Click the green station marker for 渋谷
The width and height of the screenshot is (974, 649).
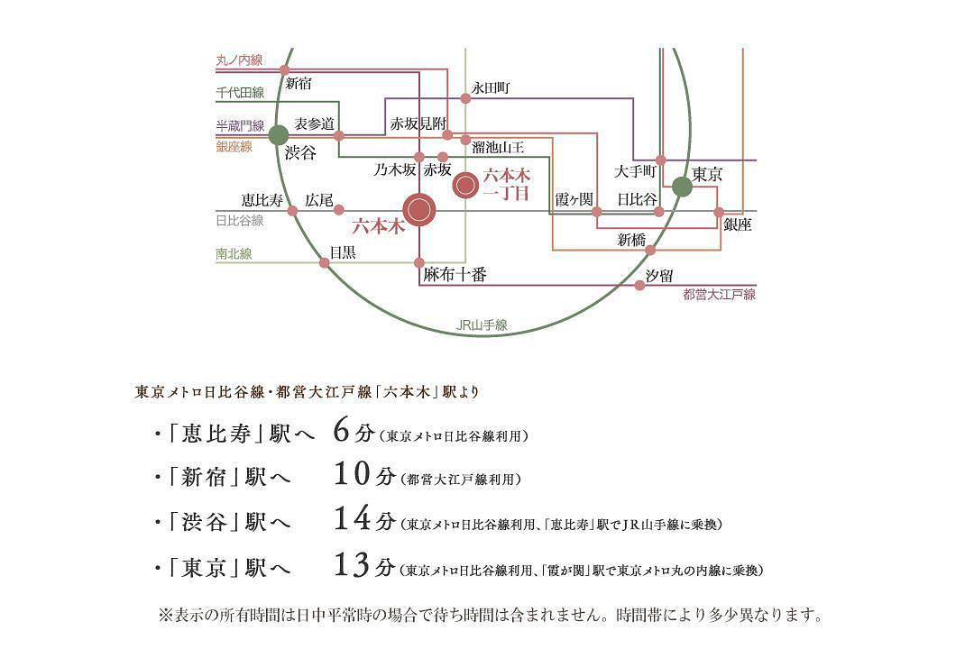click(x=279, y=135)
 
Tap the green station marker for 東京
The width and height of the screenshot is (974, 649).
click(x=682, y=187)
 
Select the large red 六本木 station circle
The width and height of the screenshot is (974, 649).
click(x=418, y=210)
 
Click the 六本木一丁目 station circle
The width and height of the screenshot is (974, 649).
click(x=465, y=186)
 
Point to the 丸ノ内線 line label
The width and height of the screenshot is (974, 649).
click(x=239, y=60)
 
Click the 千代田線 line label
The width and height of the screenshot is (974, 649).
click(x=239, y=93)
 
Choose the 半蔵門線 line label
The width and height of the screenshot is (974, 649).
click(x=239, y=126)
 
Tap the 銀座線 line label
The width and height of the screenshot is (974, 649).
click(x=234, y=146)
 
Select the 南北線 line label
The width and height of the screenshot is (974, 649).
click(x=234, y=254)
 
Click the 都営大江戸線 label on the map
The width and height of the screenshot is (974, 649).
click(x=719, y=295)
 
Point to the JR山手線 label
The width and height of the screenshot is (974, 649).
click(x=482, y=324)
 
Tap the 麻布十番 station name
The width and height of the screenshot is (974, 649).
click(x=455, y=275)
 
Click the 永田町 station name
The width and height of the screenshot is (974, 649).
click(x=492, y=88)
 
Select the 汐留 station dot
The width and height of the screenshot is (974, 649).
click(x=639, y=285)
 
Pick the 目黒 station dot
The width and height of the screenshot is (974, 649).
click(x=325, y=263)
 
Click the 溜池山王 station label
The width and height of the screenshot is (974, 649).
click(x=498, y=147)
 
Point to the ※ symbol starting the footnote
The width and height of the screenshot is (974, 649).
click(x=165, y=616)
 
